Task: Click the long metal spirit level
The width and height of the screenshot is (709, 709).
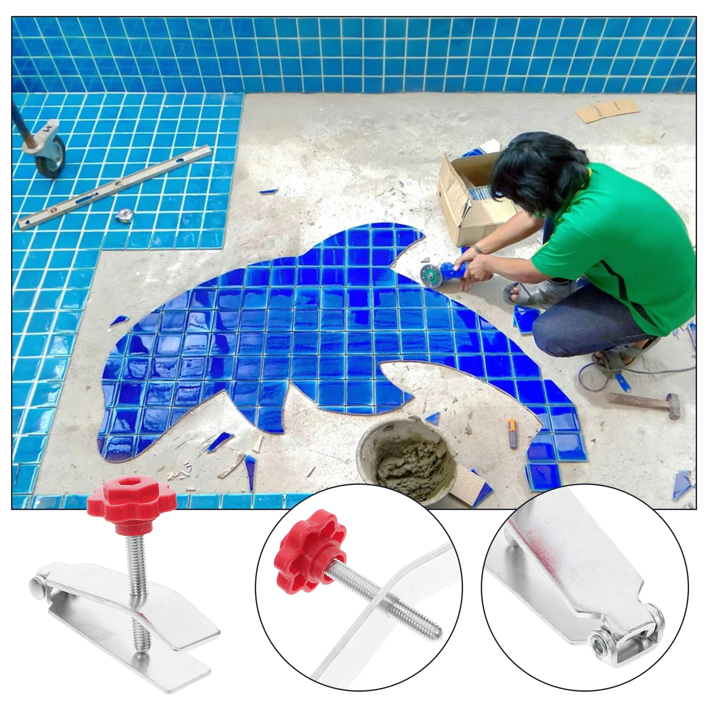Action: pos(115,186)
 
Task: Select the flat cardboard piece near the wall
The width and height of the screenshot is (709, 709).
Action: pos(607,110)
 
